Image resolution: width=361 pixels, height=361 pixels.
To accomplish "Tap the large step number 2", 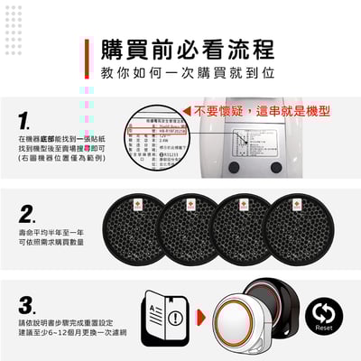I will pyautogui.click(x=28, y=214).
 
